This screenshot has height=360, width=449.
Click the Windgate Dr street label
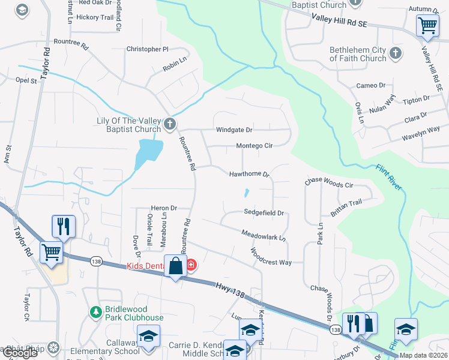pos(234,130)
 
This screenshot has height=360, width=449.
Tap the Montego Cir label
pos(254,146)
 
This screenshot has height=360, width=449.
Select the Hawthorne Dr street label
pos(250,174)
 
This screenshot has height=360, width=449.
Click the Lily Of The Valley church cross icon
pos(170,124)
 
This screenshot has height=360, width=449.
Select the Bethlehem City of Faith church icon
pos(395,54)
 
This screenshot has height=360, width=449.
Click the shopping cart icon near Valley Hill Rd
pos(427,25)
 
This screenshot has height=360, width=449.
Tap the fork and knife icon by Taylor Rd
pos(64,226)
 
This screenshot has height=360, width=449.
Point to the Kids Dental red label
pos(147,266)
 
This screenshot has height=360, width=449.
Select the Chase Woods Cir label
pos(329,182)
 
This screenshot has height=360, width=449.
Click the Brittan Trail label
pos(346,203)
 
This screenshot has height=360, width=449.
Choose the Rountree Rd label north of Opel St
pos(71,44)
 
